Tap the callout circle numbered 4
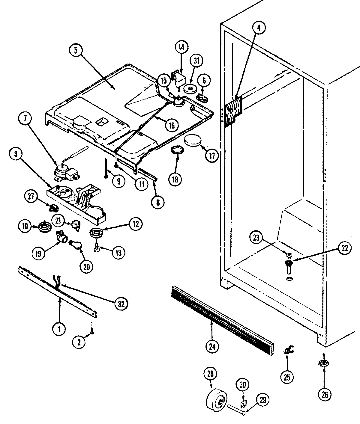click(x=259, y=28)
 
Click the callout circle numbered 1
click(x=59, y=329)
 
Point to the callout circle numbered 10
click(x=25, y=225)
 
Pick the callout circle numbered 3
click(x=16, y=154)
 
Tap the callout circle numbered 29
click(x=262, y=400)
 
